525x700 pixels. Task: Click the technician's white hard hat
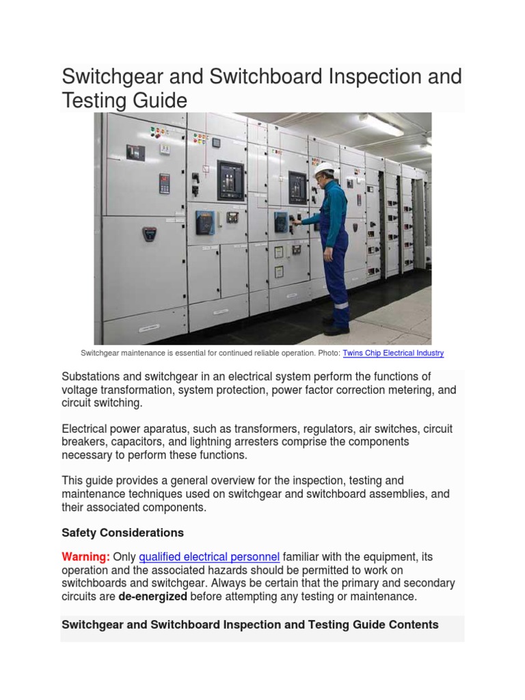pyautogui.click(x=325, y=168)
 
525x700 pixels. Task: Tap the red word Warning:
pyautogui.click(x=86, y=557)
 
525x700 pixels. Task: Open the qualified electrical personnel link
pyautogui.click(x=209, y=557)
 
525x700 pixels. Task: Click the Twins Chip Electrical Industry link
pyautogui.click(x=393, y=353)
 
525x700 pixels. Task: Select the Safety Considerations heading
pyautogui.click(x=122, y=533)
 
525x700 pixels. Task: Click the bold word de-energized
pyautogui.click(x=152, y=596)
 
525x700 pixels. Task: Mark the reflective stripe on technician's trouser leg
pyautogui.click(x=340, y=306)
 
